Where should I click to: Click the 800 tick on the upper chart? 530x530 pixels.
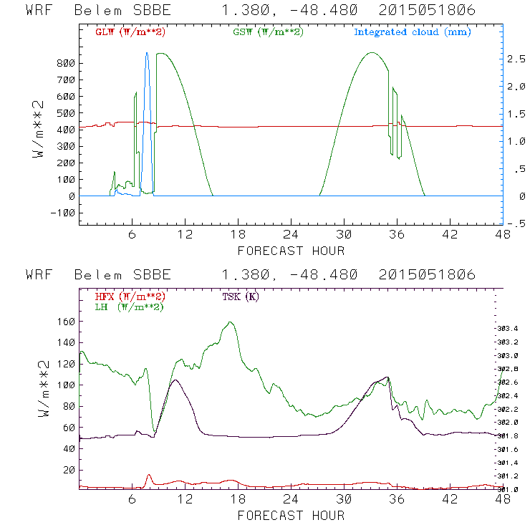point(65,63)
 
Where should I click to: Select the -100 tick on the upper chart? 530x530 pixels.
point(62,213)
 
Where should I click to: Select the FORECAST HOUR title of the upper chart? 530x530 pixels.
point(291,251)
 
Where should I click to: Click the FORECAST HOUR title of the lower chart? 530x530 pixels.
point(291,516)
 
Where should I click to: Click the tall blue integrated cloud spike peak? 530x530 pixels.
point(147,52)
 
